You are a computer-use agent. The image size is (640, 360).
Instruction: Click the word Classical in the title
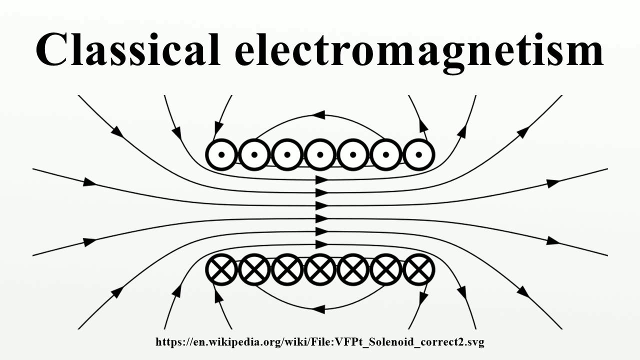(127, 50)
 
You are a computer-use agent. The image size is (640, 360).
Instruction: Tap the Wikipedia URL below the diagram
(320, 342)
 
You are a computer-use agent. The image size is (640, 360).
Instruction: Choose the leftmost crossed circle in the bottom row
(221, 270)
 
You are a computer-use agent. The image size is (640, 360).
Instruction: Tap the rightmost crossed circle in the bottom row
(418, 270)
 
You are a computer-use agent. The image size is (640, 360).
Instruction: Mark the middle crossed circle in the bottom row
(320, 270)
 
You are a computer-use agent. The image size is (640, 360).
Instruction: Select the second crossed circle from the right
(385, 270)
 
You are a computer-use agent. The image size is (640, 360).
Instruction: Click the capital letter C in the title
(54, 50)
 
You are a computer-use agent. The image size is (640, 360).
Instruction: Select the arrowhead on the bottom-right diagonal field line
(523, 292)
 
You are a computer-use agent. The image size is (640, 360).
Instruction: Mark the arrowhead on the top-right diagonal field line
(523, 132)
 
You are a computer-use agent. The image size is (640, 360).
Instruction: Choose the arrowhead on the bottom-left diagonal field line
(117, 292)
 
